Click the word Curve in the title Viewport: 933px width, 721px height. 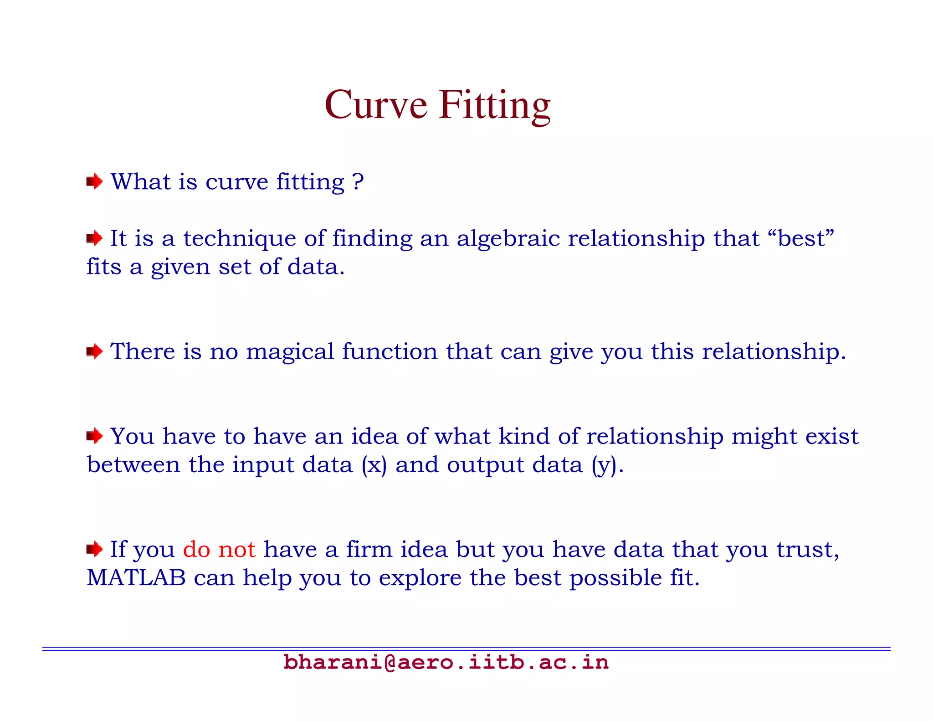point(376,105)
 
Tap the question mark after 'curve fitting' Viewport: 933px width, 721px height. point(358,182)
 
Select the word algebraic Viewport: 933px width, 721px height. point(508,239)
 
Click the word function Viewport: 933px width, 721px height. point(390,351)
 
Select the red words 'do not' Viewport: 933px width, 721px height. point(219,549)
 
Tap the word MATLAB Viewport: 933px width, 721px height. point(136,578)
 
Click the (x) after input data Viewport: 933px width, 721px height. point(374,465)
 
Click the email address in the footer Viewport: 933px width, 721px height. point(446,662)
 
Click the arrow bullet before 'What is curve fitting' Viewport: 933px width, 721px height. point(94,182)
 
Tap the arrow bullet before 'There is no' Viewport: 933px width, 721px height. point(94,351)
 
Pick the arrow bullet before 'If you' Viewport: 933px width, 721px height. point(94,549)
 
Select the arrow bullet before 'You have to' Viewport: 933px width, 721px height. point(94,436)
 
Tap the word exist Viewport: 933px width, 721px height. point(832,436)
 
